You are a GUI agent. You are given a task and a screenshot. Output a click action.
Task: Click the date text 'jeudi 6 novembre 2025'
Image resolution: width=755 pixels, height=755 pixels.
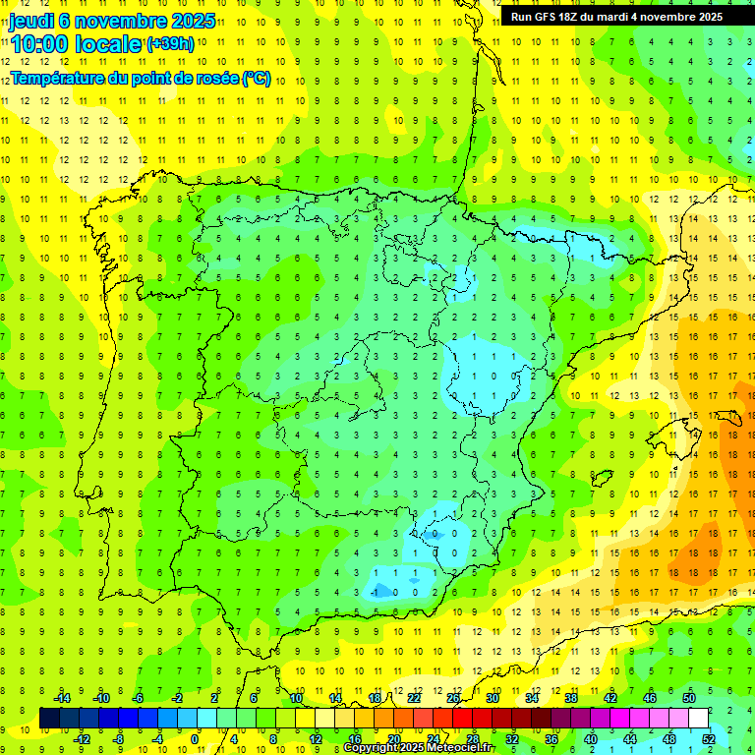point(112,21)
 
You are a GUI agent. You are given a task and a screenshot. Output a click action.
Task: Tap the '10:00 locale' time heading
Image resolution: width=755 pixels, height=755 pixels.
point(77,45)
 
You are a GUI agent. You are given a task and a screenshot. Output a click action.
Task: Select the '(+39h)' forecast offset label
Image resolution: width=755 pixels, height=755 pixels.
point(169,44)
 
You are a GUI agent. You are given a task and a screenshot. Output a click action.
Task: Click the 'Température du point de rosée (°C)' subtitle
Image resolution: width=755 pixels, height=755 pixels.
point(140,78)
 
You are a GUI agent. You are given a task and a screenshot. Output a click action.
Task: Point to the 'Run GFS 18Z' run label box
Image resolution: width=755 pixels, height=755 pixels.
point(616,17)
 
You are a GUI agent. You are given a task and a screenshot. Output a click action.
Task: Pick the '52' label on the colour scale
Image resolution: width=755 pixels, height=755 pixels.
point(709,739)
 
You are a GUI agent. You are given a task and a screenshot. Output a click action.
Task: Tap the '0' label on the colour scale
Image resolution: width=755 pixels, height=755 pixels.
point(195,739)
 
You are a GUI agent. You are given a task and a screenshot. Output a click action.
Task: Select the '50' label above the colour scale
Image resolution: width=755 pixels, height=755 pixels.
point(689,697)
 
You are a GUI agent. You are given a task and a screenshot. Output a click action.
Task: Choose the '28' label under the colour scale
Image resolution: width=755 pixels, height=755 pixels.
point(473,739)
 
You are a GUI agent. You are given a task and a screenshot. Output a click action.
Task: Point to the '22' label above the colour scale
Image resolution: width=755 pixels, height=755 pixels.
point(414,697)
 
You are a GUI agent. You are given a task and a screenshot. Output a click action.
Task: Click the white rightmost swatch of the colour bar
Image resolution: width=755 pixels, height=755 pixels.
point(698,719)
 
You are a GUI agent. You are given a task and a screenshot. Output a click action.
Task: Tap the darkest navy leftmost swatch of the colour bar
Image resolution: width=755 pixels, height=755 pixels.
point(49,719)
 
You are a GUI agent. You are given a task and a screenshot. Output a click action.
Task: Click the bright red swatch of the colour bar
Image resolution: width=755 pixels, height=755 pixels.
point(462,719)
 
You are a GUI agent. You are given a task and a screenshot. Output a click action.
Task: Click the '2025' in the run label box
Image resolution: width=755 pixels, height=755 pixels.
point(703,17)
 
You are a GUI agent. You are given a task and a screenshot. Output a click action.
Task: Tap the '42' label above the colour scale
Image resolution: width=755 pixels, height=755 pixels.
point(610,697)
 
